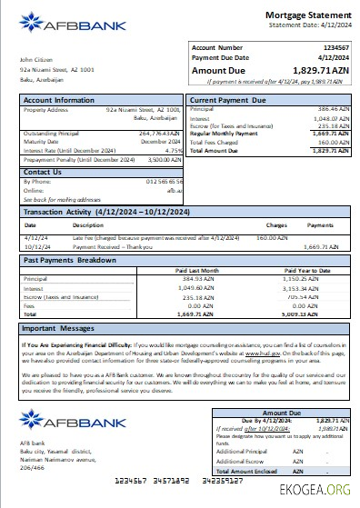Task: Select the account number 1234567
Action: click(336, 47)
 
